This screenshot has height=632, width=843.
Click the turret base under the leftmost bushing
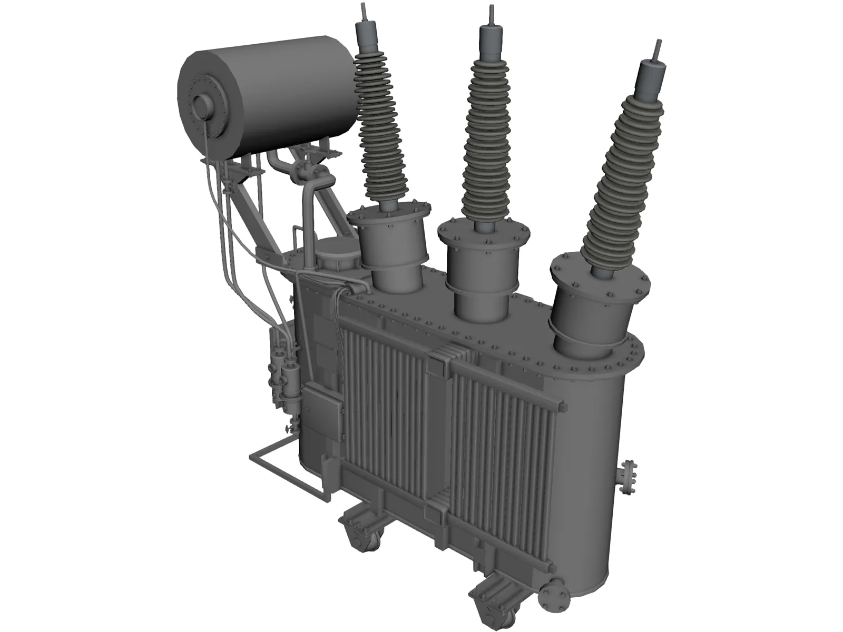[390, 248]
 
